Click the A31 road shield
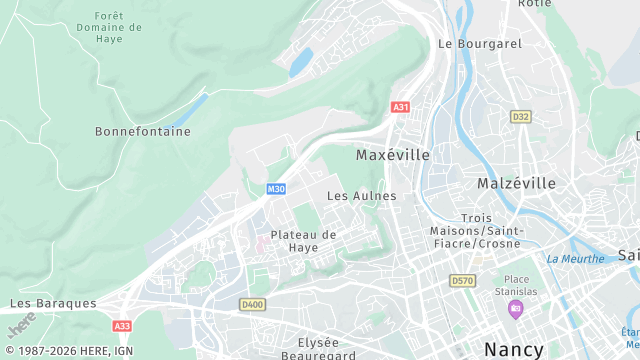coord(401,107)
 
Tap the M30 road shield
coord(276,189)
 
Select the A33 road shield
coord(122,326)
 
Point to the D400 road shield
coord(252,304)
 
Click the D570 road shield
coord(462,281)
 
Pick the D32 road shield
coord(520,117)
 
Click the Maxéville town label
coord(393,156)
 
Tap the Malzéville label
coord(516,184)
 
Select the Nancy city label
coord(514,349)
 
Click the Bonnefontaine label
coord(142,131)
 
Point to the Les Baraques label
coord(53,302)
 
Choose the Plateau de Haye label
coord(301,241)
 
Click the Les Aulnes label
coord(362,196)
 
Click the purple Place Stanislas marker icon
coord(515,308)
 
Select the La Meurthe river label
coord(575,259)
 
